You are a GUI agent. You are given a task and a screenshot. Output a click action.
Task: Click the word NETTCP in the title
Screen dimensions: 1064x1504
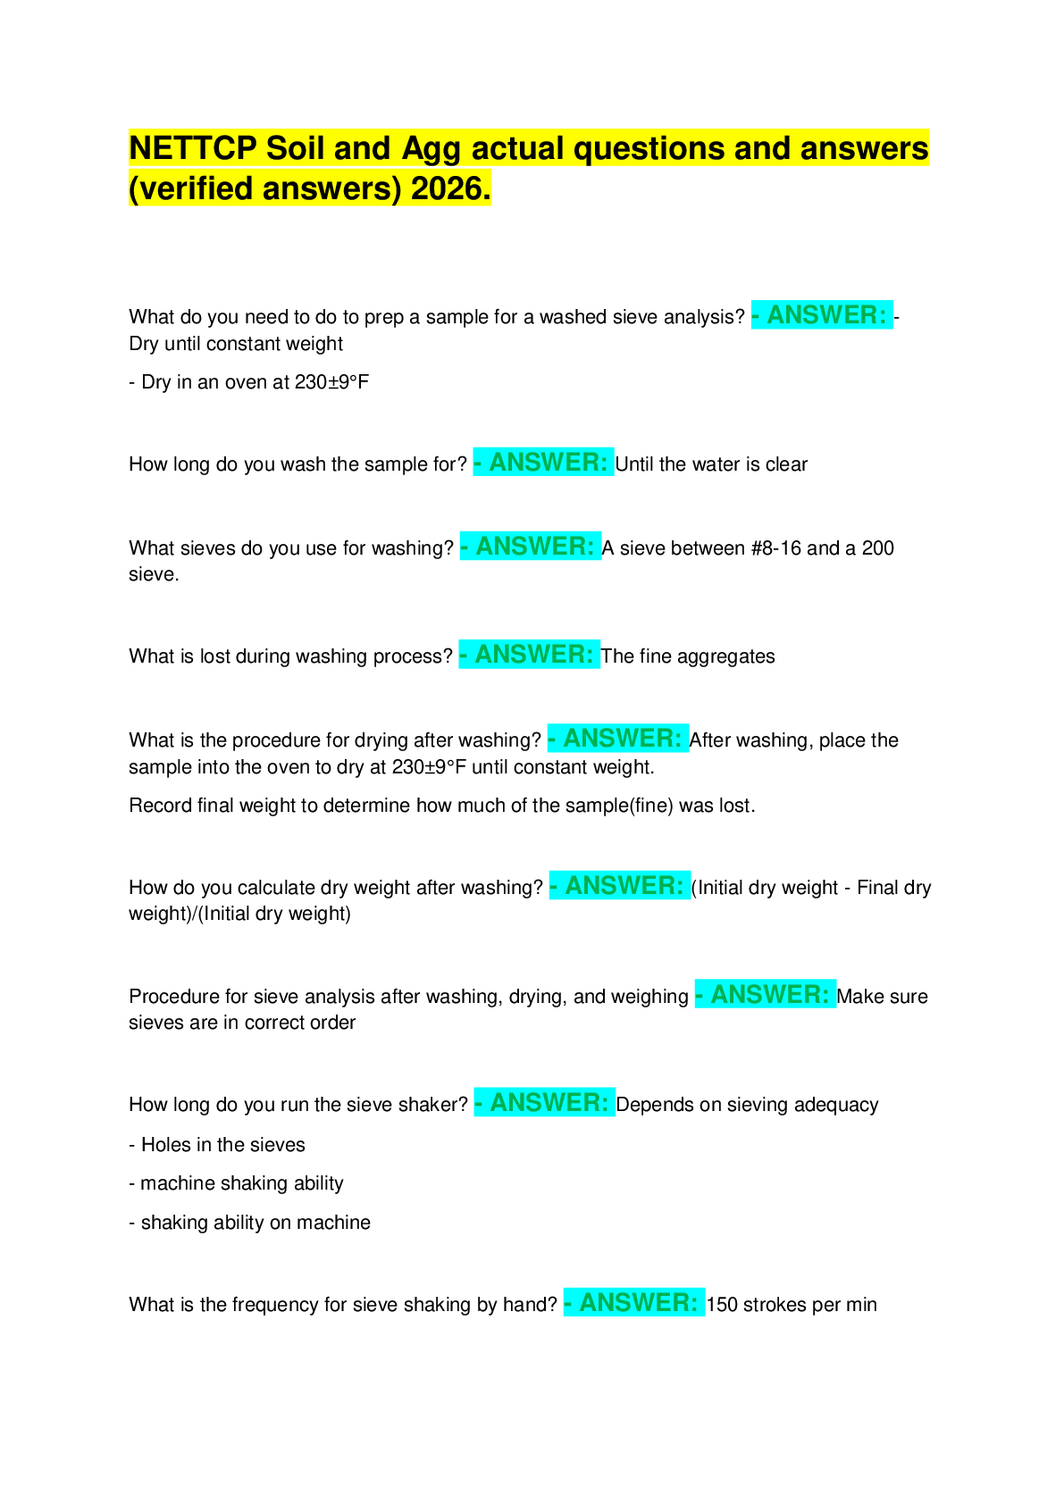[193, 147]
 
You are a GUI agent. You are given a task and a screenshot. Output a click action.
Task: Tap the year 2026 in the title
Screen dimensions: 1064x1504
[451, 188]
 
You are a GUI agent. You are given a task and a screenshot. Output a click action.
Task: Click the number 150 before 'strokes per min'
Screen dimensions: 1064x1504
[722, 1305]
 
